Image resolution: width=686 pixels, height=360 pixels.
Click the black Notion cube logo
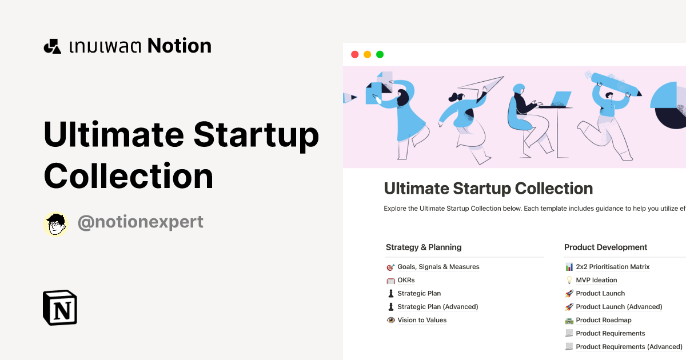(60, 308)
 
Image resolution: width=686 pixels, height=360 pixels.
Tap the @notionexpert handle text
(140, 222)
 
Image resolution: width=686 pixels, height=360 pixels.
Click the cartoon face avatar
(55, 224)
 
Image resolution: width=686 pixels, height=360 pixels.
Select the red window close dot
(354, 54)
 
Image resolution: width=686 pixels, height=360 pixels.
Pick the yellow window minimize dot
(367, 54)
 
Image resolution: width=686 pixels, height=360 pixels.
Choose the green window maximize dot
(380, 54)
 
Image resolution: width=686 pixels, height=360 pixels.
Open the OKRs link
(406, 280)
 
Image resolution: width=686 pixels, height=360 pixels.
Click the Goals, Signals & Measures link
(438, 267)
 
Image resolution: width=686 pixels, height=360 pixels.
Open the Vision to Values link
(422, 320)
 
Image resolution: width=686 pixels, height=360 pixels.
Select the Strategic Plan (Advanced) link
(437, 307)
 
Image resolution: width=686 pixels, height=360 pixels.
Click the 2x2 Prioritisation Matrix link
(612, 267)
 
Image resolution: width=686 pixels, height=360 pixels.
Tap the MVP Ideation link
(596, 280)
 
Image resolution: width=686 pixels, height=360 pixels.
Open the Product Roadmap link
(603, 320)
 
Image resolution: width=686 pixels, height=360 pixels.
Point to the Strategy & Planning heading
(424, 247)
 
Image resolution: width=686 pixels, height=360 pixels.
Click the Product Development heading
(605, 247)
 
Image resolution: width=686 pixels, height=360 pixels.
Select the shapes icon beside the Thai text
(52, 46)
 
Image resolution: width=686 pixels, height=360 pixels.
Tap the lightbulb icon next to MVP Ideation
(569, 280)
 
